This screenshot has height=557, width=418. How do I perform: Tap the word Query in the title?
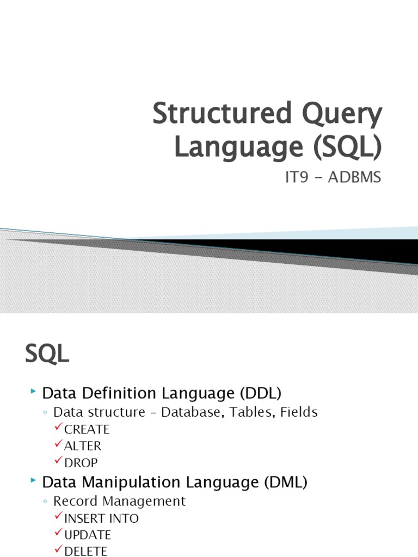pyautogui.click(x=342, y=115)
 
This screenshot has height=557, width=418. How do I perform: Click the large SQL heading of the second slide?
pyautogui.click(x=47, y=355)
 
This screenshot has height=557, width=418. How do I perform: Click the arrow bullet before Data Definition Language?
pyautogui.click(x=34, y=392)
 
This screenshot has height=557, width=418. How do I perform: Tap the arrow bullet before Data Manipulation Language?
pyautogui.click(x=34, y=481)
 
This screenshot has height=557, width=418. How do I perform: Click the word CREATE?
pyautogui.click(x=87, y=429)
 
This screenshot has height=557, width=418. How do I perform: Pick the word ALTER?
pyautogui.click(x=83, y=446)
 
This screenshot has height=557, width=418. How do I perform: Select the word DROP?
pyautogui.click(x=81, y=463)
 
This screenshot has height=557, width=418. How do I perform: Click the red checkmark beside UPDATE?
pyautogui.click(x=59, y=534)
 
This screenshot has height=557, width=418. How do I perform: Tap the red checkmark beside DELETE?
pyautogui.click(x=59, y=550)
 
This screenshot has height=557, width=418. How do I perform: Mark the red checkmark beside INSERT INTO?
pyautogui.click(x=59, y=517)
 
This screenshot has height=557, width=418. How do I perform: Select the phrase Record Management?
pyautogui.click(x=119, y=501)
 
